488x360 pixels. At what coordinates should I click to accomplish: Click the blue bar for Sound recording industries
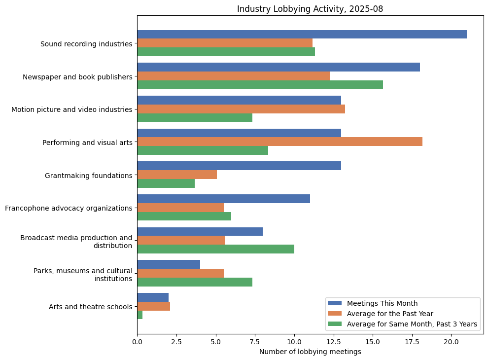[302, 35]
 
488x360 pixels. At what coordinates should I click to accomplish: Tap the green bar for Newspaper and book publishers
[260, 85]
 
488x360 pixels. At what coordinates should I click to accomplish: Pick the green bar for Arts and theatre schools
[140, 315]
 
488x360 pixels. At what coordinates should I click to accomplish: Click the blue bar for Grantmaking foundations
[239, 166]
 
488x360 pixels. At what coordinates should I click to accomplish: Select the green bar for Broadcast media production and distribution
[215, 249]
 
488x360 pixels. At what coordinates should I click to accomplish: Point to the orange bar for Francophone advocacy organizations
[180, 208]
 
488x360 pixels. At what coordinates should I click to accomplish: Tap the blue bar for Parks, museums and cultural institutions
[169, 264]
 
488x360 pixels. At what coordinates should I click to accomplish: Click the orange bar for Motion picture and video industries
[241, 109]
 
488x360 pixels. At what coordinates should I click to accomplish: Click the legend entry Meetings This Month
[382, 303]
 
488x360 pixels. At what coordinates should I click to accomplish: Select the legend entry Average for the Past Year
[390, 314]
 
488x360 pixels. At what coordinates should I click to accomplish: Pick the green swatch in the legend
[335, 324]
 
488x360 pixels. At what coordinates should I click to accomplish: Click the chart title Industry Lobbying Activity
[310, 9]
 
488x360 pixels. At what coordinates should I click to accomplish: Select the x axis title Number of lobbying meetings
[310, 352]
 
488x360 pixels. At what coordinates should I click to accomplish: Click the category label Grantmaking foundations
[88, 175]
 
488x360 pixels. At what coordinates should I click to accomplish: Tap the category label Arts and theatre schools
[90, 307]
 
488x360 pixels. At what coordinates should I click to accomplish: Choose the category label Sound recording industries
[86, 43]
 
